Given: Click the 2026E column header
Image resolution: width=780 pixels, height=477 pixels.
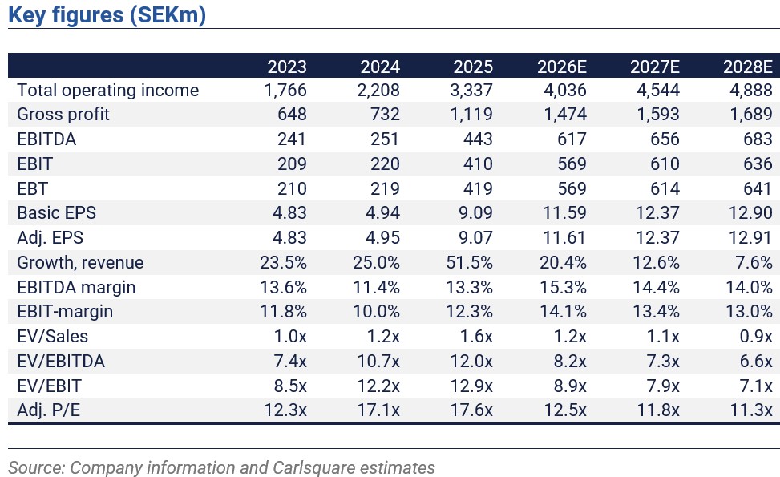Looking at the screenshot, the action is [562, 67].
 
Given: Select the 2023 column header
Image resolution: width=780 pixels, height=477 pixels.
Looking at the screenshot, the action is [287, 67].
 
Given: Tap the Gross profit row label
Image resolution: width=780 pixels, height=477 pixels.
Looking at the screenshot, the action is [63, 115].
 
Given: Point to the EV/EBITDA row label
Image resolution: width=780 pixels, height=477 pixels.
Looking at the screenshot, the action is [61, 361].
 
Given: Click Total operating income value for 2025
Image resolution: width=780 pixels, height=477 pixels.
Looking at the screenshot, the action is [471, 90].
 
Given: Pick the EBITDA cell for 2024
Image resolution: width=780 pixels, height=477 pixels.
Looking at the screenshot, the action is [385, 139].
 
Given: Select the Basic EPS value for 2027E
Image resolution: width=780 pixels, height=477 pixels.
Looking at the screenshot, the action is [657, 213].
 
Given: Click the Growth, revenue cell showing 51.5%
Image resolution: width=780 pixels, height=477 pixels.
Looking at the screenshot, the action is [469, 262].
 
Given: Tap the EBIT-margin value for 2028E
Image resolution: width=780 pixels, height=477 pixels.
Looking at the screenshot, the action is [749, 311].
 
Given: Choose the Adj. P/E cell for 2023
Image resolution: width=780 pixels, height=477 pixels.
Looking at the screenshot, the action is [285, 410].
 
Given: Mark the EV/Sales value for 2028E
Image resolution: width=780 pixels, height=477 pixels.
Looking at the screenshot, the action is [756, 336].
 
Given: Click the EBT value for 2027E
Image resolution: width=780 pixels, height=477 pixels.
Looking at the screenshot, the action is [665, 188].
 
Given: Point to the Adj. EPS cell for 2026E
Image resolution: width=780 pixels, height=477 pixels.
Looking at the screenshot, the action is [564, 238].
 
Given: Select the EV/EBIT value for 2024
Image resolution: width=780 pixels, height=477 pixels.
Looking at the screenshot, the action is [378, 386].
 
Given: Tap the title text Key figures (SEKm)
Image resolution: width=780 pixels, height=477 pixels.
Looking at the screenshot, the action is [107, 14].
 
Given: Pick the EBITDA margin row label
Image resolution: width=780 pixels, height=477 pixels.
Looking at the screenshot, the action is [76, 288].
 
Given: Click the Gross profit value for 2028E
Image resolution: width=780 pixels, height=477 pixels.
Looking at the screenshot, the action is [750, 115].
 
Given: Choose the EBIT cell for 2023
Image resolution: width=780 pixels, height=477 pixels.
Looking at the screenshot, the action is [292, 164].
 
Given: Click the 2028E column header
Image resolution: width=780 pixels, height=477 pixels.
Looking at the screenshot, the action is [748, 67].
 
